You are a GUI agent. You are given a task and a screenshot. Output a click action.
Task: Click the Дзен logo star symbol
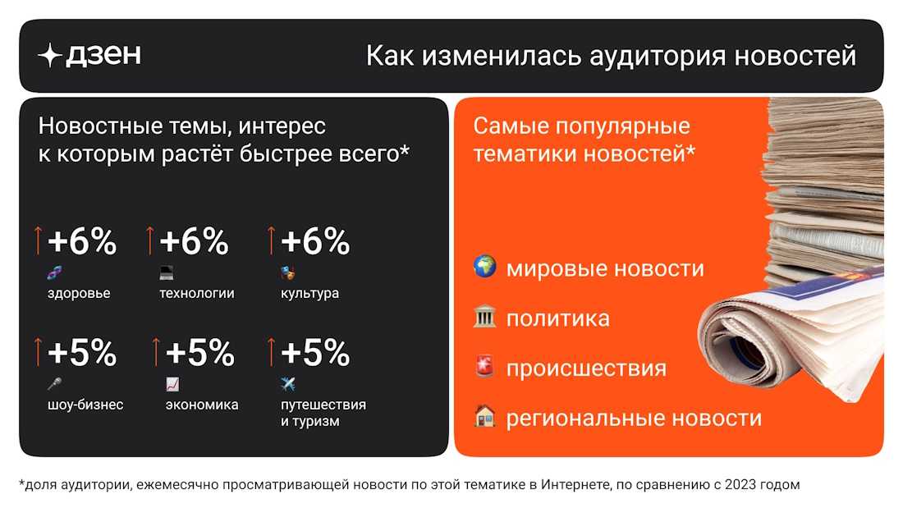point(50,55)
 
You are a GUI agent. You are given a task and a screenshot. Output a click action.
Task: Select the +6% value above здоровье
point(82,241)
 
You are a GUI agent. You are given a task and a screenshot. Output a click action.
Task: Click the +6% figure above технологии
point(194,241)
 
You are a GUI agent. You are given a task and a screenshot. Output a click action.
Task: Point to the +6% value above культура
point(315,241)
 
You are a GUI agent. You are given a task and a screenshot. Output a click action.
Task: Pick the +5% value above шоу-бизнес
point(82,353)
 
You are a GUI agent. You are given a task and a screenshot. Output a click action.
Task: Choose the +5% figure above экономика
point(200,353)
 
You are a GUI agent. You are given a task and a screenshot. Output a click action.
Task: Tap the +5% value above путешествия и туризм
point(315,353)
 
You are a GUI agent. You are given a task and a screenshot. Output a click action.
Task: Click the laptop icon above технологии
point(167,272)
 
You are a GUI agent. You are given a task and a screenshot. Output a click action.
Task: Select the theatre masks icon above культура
point(288,272)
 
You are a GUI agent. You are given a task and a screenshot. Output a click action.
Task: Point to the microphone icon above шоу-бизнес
point(55,383)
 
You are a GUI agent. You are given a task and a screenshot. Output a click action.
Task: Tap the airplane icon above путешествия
point(288,383)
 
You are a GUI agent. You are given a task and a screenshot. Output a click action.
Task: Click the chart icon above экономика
point(172,383)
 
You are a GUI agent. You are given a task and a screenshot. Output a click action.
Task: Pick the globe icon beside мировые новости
point(485,267)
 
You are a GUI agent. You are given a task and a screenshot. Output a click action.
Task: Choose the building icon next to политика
point(485,317)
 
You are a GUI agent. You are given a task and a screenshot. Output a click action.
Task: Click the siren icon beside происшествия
point(485,366)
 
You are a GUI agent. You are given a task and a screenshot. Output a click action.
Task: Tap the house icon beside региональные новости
point(485,416)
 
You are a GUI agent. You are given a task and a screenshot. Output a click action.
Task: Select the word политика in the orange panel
point(558,318)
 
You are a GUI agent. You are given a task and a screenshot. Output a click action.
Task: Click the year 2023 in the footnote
point(740,485)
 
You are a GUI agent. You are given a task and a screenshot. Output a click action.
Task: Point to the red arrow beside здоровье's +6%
point(38,240)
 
